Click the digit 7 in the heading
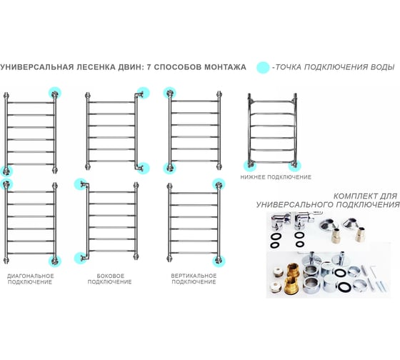(x=149, y=67)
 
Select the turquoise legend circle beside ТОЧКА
(x=263, y=67)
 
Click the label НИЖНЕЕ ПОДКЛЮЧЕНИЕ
(x=276, y=177)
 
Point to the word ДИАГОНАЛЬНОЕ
(x=30, y=276)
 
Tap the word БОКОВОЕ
(x=111, y=276)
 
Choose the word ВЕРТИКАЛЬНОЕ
(x=194, y=276)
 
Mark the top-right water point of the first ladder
(x=55, y=94)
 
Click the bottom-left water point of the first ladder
(x=6, y=171)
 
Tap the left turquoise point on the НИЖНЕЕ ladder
(x=250, y=165)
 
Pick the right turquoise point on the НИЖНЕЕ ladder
(x=294, y=165)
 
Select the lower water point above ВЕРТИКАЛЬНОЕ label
(x=219, y=261)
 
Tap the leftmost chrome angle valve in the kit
(x=281, y=220)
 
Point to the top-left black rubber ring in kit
(x=276, y=236)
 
